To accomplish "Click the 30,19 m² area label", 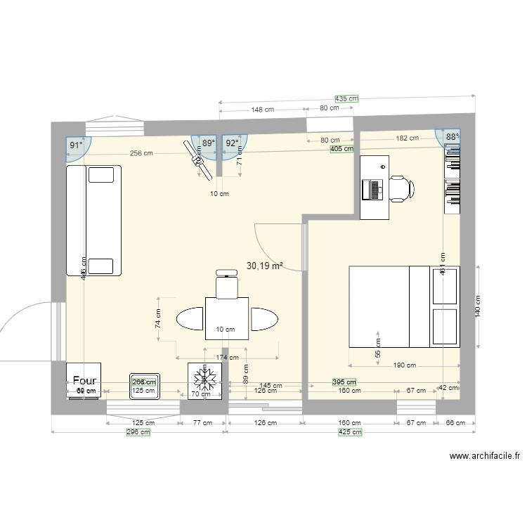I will tap(265, 266).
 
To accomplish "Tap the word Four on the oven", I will tap(84, 380).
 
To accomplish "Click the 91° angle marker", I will tap(75, 145).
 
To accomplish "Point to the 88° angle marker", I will tap(452, 138).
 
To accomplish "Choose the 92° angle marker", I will tap(231, 143).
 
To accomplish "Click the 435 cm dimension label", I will tap(346, 99).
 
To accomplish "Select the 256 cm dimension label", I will tap(141, 154).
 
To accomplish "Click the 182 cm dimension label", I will tap(405, 139).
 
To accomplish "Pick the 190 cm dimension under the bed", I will tap(404, 365).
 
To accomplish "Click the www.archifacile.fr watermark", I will tap(484, 456).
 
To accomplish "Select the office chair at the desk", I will tap(401, 188).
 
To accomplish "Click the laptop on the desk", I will tap(373, 188).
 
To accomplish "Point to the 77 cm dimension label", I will tap(202, 423).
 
